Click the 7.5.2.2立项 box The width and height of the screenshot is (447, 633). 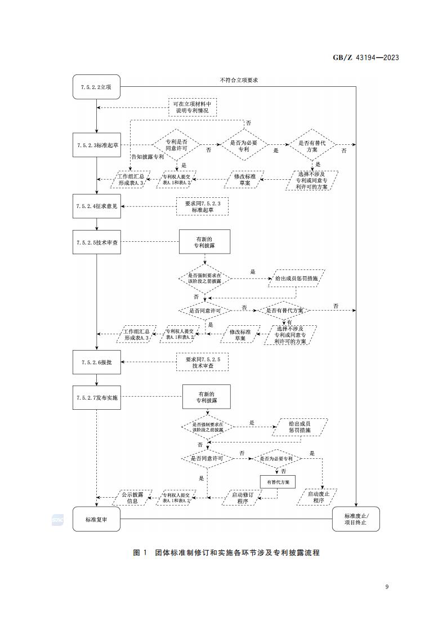pos(96,87)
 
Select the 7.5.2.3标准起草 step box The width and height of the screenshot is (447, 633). pos(96,145)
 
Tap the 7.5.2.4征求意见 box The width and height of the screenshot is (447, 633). pos(96,206)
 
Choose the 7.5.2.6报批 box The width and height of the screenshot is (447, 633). pos(96,362)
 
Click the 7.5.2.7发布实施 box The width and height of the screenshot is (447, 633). pos(96,397)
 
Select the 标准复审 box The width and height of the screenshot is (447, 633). pos(96,519)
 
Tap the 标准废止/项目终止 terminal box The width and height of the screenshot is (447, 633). pos(356,519)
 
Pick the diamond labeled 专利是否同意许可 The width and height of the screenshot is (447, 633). pos(176,145)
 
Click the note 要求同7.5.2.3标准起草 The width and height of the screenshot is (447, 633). pos(203,206)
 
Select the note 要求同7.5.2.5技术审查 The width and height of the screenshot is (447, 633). pos(203,362)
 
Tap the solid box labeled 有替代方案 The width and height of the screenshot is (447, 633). pos(278,483)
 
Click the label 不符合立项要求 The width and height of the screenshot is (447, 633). pos(239,81)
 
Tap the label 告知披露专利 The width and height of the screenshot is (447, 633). pos(147,157)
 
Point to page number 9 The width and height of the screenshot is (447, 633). pos(387,587)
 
